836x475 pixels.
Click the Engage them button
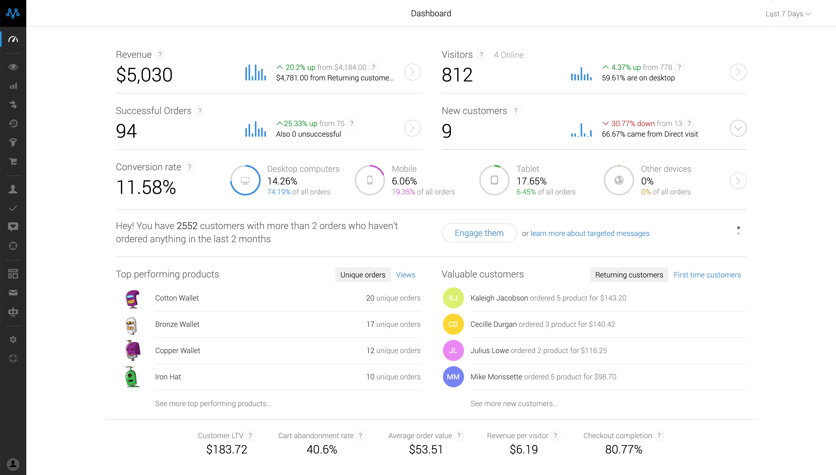(479, 233)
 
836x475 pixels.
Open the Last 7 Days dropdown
(787, 14)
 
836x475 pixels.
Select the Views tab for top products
(405, 275)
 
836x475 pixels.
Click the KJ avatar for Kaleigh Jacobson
(453, 298)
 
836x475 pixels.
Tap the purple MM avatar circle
(453, 376)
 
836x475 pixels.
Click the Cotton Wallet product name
(177, 298)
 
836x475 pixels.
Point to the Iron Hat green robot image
(132, 376)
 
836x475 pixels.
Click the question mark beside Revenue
(160, 54)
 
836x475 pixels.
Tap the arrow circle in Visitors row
(737, 72)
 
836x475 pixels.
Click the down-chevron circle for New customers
(737, 128)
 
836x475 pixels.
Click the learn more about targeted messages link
(590, 233)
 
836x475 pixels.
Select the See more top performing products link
(213, 404)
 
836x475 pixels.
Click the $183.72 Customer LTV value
(226, 449)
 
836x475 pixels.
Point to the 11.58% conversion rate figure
(146, 187)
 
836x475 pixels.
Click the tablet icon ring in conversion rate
(494, 180)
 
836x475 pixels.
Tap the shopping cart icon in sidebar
(13, 162)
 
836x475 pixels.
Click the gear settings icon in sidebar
(13, 339)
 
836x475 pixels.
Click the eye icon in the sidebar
(13, 67)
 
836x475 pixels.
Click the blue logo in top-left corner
(13, 13)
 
